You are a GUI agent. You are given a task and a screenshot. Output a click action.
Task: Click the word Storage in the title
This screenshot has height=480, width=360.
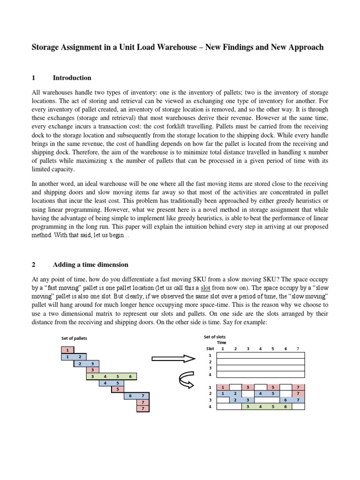[46, 47]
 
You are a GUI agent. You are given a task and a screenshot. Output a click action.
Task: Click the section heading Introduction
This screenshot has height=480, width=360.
[72, 78]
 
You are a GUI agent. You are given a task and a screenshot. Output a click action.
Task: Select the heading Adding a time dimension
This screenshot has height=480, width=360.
[90, 265]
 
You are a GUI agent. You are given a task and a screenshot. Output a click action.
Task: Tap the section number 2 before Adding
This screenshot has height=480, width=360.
[33, 265]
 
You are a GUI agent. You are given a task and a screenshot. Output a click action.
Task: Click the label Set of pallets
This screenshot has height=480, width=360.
[74, 338]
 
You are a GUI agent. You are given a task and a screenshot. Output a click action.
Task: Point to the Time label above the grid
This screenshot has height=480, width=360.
[221, 343]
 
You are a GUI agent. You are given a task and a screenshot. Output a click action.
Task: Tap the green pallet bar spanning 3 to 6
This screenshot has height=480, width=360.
[111, 376]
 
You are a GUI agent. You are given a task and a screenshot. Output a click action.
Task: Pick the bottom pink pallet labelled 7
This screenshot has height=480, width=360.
[142, 409]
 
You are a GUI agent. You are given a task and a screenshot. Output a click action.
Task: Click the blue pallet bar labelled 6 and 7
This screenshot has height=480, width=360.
[136, 396]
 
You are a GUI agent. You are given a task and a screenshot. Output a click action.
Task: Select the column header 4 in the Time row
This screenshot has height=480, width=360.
[260, 349]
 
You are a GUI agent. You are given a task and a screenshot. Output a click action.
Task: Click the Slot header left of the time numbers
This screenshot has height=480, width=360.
[210, 349]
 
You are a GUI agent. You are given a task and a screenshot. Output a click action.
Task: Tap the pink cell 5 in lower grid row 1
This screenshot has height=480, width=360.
[272, 387]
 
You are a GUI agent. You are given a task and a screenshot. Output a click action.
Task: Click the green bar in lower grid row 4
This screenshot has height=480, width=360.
[266, 406]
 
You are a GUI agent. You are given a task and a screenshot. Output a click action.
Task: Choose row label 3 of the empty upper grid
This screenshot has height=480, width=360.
[210, 368]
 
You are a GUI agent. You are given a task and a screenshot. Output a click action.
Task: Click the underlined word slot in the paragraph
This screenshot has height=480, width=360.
[206, 287]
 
